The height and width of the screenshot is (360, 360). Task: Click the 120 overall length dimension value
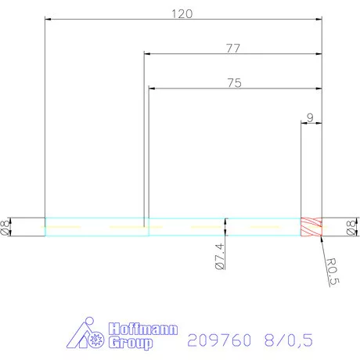tap(182, 13)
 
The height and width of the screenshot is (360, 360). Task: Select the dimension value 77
tap(232, 48)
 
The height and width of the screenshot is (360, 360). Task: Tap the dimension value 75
tap(234, 81)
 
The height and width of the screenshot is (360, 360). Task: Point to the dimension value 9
tap(311, 117)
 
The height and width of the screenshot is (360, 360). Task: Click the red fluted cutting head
tap(311, 227)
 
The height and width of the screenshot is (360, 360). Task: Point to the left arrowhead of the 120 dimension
tap(48, 20)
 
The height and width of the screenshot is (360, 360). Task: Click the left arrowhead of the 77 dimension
tap(147, 55)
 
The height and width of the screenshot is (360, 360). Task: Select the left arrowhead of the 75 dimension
tap(152, 88)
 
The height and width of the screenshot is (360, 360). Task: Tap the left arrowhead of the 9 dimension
tap(304, 124)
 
